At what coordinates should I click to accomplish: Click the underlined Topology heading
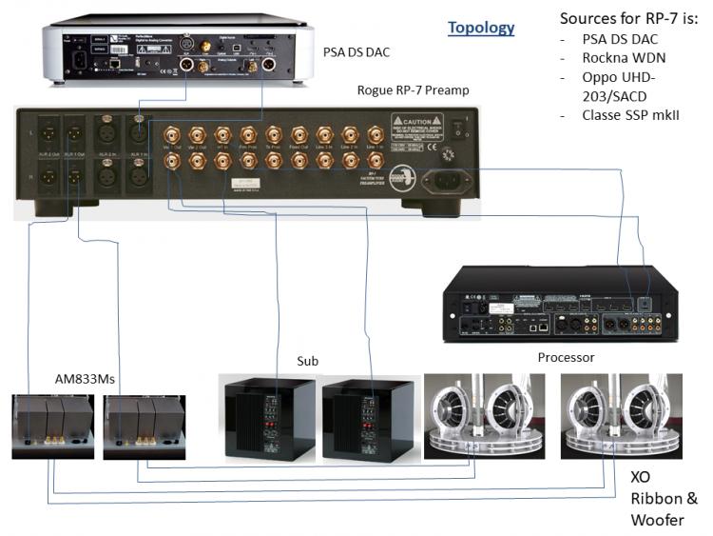point(481,28)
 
